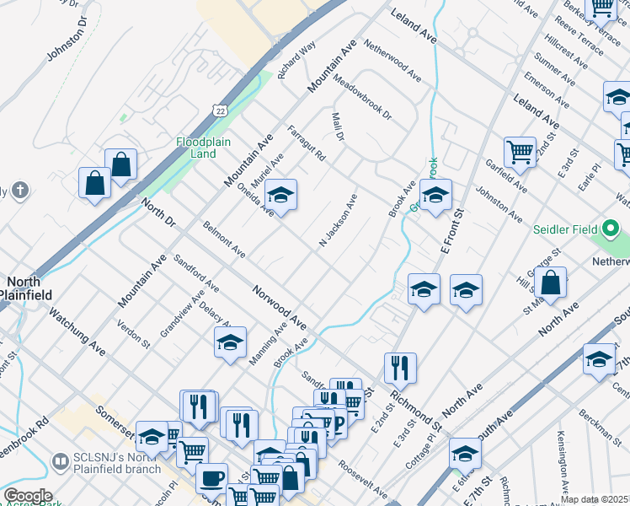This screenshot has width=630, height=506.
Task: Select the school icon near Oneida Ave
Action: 280,196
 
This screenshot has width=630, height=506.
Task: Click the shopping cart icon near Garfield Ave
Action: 520,153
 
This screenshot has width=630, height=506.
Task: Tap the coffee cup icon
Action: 211,478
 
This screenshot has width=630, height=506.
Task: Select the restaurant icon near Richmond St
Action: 399,368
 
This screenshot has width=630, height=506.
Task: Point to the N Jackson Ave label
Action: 338,221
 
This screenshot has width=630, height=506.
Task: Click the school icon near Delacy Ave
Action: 230,342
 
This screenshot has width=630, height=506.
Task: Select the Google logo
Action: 28,496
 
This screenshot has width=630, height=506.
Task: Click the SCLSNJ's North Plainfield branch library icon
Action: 59,461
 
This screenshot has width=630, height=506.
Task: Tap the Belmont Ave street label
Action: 224,240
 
